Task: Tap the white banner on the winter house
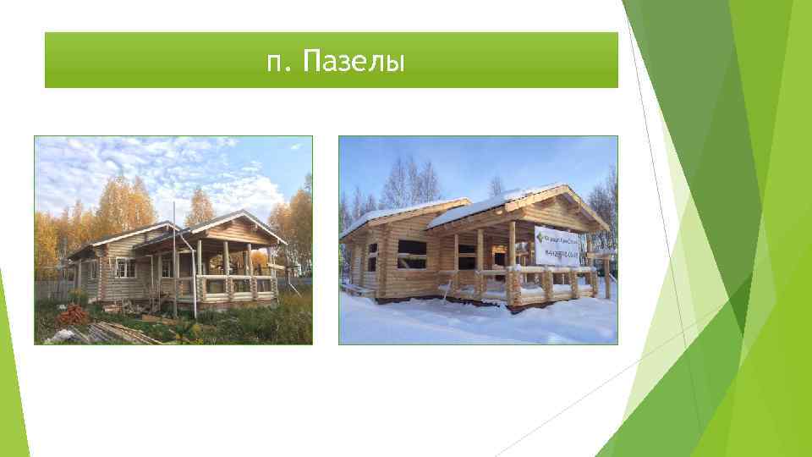tap(557, 245)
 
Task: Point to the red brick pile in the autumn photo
tap(72, 316)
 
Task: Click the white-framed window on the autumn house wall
tap(125, 268)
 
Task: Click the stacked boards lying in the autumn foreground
tap(127, 333)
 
